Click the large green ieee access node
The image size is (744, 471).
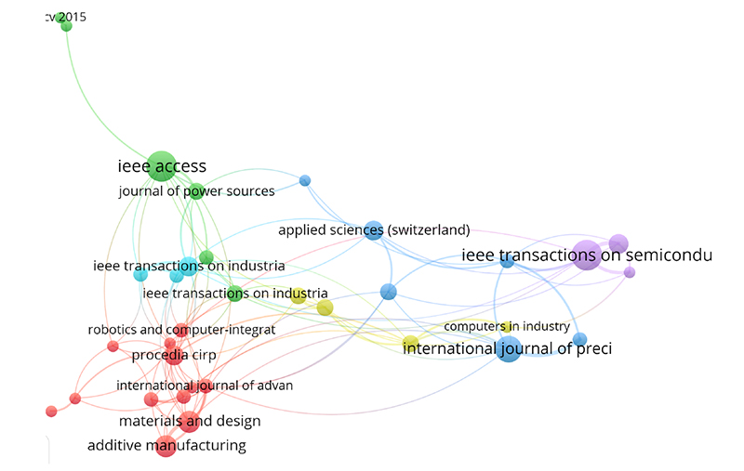tap(162, 166)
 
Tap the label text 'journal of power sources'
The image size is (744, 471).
tap(196, 191)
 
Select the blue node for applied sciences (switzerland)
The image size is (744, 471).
tap(374, 230)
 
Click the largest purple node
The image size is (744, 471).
tap(588, 255)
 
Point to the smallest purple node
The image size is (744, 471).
tap(630, 272)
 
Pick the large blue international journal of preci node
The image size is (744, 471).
tap(509, 349)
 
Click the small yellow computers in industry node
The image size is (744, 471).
tap(507, 326)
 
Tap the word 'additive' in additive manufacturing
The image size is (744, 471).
tap(114, 445)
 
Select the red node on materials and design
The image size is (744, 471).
tap(190, 422)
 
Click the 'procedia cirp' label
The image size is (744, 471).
tap(174, 355)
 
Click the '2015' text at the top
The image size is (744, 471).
tap(73, 17)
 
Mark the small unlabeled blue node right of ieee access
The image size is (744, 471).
tap(305, 180)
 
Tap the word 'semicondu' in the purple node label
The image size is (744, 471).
tap(669, 255)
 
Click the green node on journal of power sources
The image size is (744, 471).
tap(196, 191)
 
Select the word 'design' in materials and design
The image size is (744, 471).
tap(237, 421)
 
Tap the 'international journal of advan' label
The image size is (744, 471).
tap(205, 386)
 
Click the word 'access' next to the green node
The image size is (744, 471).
tap(180, 167)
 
